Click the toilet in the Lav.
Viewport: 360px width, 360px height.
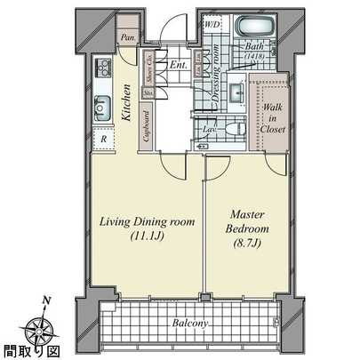coord(233,129)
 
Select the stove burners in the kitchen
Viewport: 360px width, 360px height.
coord(101,68)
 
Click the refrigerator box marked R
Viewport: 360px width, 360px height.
coord(104,140)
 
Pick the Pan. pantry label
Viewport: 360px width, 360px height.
coord(128,39)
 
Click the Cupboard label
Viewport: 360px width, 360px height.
coord(147,124)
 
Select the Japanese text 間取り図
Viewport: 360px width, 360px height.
coord(23,351)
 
